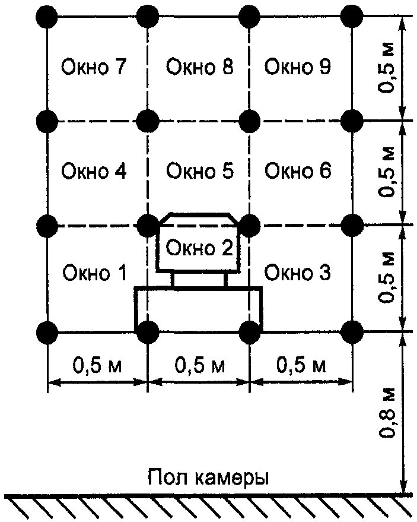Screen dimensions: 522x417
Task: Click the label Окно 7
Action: [94, 67]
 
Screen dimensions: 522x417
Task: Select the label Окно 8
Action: [199, 67]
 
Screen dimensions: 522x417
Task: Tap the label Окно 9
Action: [298, 67]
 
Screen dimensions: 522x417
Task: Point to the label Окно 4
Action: [94, 172]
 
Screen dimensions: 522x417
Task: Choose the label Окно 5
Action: [199, 172]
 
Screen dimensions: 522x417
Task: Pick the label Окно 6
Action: [298, 172]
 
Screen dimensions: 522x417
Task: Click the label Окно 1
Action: [94, 273]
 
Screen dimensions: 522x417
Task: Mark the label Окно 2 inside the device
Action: [199, 248]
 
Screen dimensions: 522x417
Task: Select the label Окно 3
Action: [298, 273]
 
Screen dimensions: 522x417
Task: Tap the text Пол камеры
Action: [209, 477]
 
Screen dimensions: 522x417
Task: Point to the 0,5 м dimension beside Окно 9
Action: [389, 67]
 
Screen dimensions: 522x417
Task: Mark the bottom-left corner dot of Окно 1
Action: [46, 330]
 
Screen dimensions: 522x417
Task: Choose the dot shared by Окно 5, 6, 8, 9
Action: [250, 121]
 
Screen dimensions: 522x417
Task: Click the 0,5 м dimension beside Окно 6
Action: [389, 172]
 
